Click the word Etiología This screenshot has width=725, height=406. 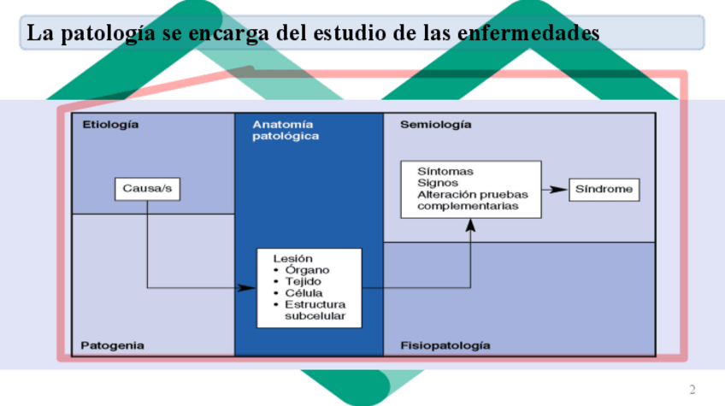pos(110,125)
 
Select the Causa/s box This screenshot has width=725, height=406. pos(147,189)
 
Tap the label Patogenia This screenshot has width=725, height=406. pos(112,345)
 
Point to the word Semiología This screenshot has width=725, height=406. pos(435,125)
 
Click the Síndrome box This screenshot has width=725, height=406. pos(604,189)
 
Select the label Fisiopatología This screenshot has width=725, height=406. pos(445,345)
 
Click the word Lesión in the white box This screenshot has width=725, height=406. pos(292,257)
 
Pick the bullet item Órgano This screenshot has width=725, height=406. pos(308,270)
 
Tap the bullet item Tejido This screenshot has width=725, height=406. pos(304,282)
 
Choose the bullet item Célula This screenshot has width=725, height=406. pos(304,293)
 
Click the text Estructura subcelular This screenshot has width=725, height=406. pos(315,310)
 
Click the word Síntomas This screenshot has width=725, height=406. pos(445,171)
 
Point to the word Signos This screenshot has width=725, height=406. pos(438,182)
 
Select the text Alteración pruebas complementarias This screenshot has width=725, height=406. pos(471,200)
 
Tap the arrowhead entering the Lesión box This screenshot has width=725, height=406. pos(248,288)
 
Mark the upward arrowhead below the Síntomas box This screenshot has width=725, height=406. pos(470,225)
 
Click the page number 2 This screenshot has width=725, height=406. pos(693,390)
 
